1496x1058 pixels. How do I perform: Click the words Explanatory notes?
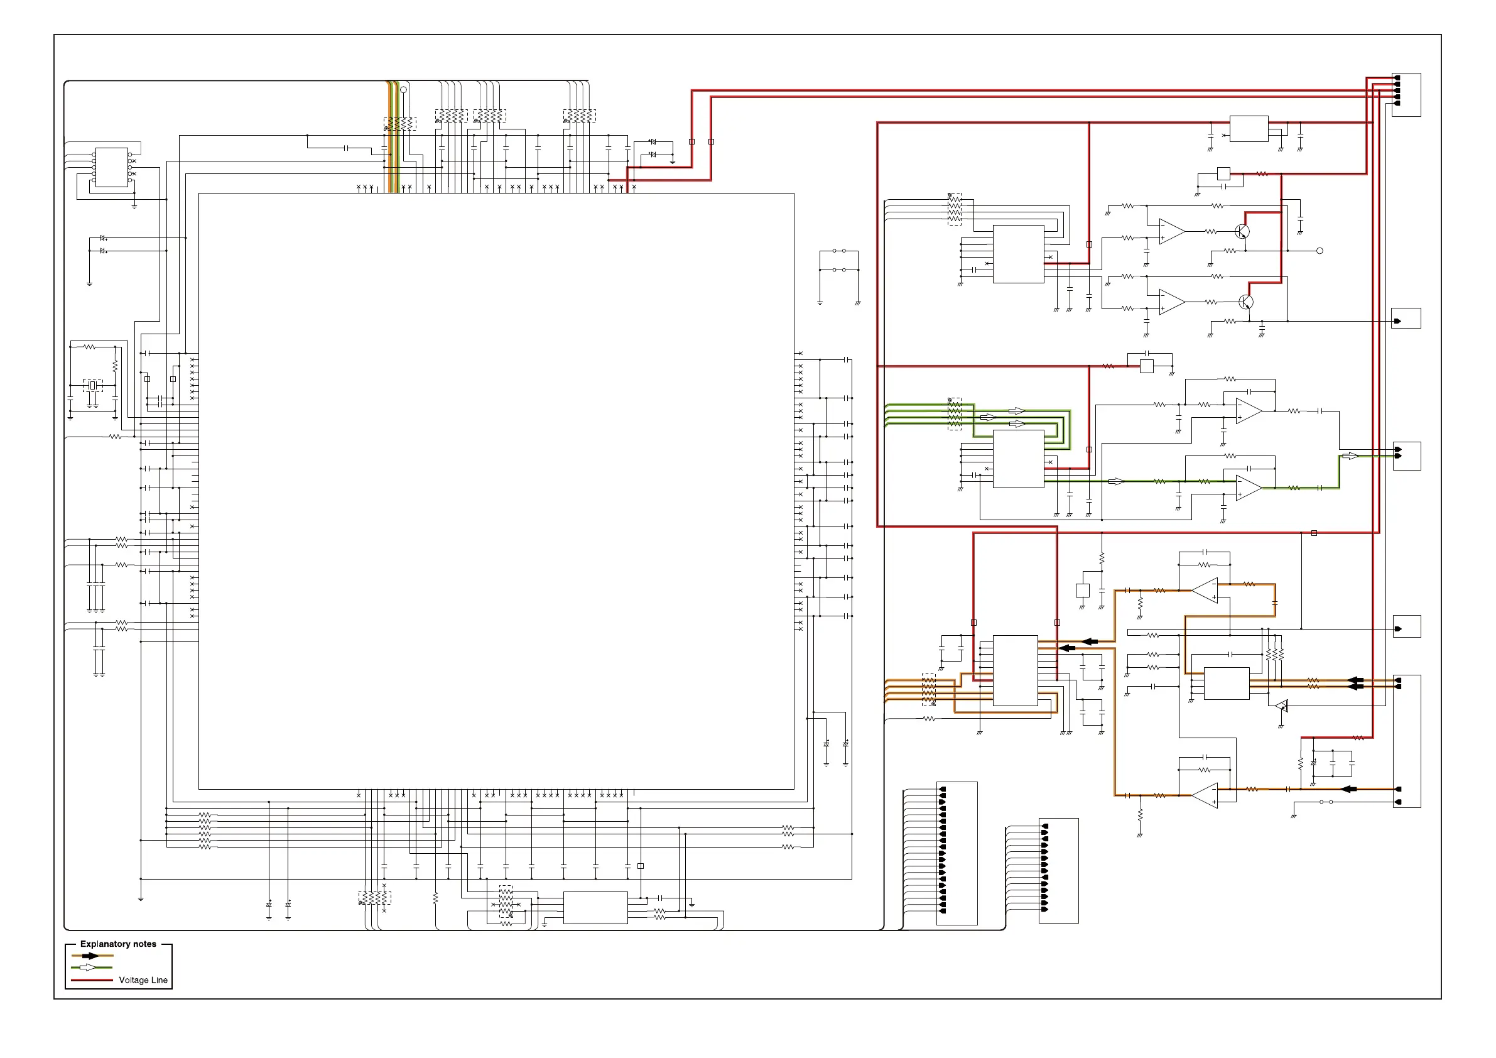point(118,944)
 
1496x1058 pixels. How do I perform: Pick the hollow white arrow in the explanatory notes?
point(87,968)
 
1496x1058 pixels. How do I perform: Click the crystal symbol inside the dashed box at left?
point(92,386)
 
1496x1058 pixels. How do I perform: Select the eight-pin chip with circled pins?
point(111,168)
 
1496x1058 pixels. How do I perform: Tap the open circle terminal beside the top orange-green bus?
point(403,90)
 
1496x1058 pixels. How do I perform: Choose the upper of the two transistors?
point(1242,231)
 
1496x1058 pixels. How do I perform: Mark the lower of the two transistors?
point(1245,302)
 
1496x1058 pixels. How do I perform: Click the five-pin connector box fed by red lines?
point(1406,94)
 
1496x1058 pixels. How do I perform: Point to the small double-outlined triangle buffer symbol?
point(1281,706)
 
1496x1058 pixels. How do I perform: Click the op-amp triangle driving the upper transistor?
point(1171,231)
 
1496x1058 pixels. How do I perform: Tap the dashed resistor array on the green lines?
point(954,414)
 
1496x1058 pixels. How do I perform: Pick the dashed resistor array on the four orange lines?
point(928,690)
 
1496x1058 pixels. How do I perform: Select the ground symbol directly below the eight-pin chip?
point(134,205)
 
